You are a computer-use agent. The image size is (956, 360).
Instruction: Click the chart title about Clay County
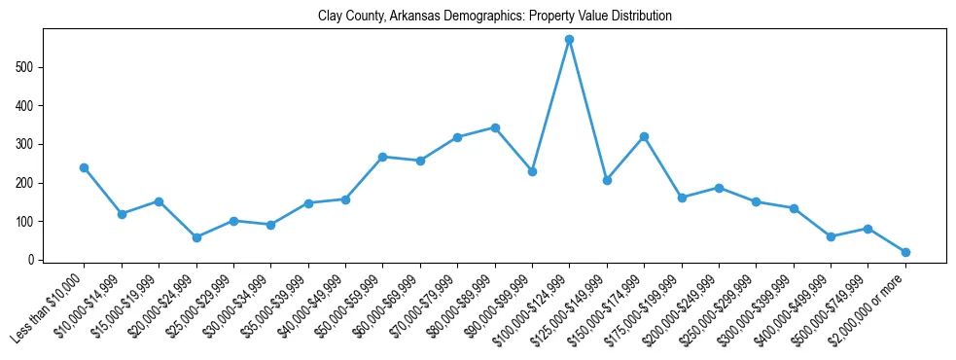[495, 17]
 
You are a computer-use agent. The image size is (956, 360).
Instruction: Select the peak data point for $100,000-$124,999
[570, 40]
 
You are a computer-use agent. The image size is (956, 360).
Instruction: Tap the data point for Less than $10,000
[85, 167]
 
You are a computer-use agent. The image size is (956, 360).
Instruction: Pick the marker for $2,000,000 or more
[905, 252]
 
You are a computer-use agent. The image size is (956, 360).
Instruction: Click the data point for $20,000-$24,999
[196, 237]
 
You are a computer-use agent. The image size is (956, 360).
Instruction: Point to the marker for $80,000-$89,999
[495, 127]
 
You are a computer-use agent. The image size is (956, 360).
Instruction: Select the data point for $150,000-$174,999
[644, 136]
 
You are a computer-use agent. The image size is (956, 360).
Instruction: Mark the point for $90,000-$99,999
[532, 171]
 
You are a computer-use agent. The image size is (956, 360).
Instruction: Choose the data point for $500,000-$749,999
[867, 229]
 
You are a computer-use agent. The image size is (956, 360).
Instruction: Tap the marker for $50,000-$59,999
[383, 157]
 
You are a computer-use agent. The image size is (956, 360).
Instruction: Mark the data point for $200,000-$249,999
[719, 188]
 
